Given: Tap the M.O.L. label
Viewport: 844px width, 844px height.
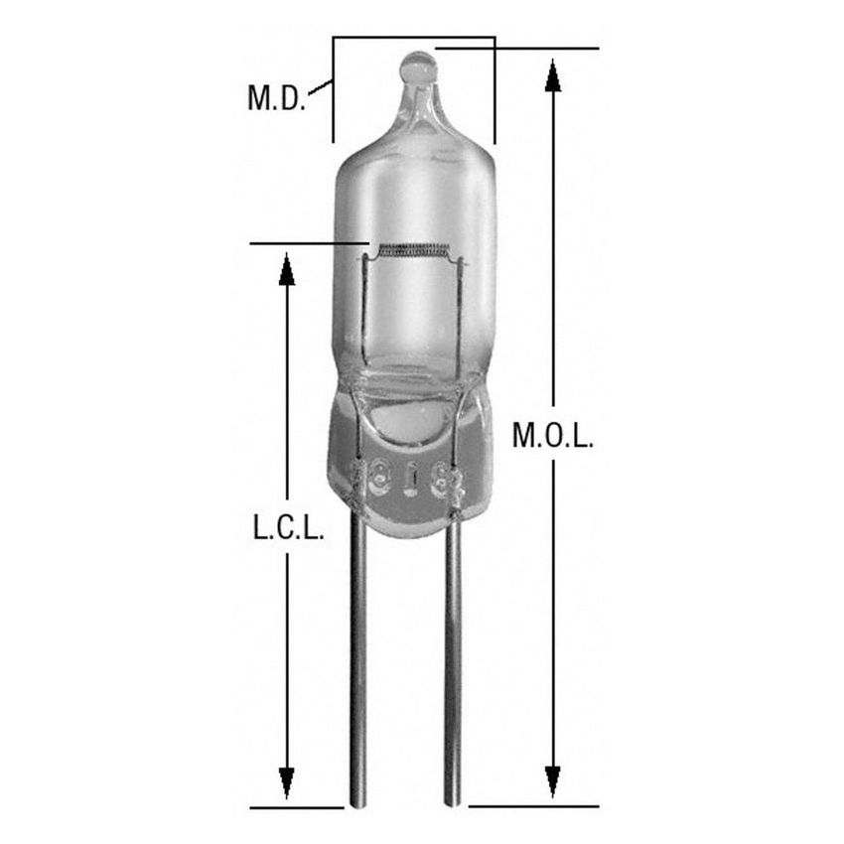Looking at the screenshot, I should [553, 436].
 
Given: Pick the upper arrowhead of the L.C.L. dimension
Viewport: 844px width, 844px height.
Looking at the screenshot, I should [287, 269].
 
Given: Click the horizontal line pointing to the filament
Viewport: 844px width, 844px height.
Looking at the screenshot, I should [308, 241].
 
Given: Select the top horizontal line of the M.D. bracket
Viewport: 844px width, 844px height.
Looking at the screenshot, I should [413, 38].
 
